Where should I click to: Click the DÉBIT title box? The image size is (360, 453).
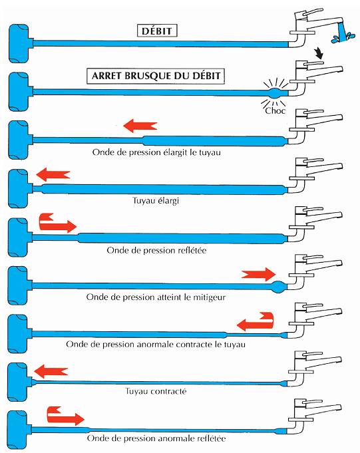tap(157, 31)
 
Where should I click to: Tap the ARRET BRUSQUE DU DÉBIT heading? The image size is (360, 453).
tap(156, 76)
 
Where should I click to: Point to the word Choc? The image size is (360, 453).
tap(275, 110)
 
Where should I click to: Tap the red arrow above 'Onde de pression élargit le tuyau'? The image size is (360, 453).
tap(140, 126)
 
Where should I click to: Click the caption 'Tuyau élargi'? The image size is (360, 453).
tap(156, 200)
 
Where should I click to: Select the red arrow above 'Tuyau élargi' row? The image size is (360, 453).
tap(53, 174)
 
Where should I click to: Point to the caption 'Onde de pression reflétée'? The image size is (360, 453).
tap(156, 250)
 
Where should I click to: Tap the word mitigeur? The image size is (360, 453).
tap(209, 297)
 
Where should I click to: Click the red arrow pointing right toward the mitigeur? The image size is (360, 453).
tap(259, 274)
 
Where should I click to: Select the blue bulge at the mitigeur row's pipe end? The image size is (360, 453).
tap(279, 286)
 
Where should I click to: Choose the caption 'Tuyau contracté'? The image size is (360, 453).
tap(156, 391)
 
